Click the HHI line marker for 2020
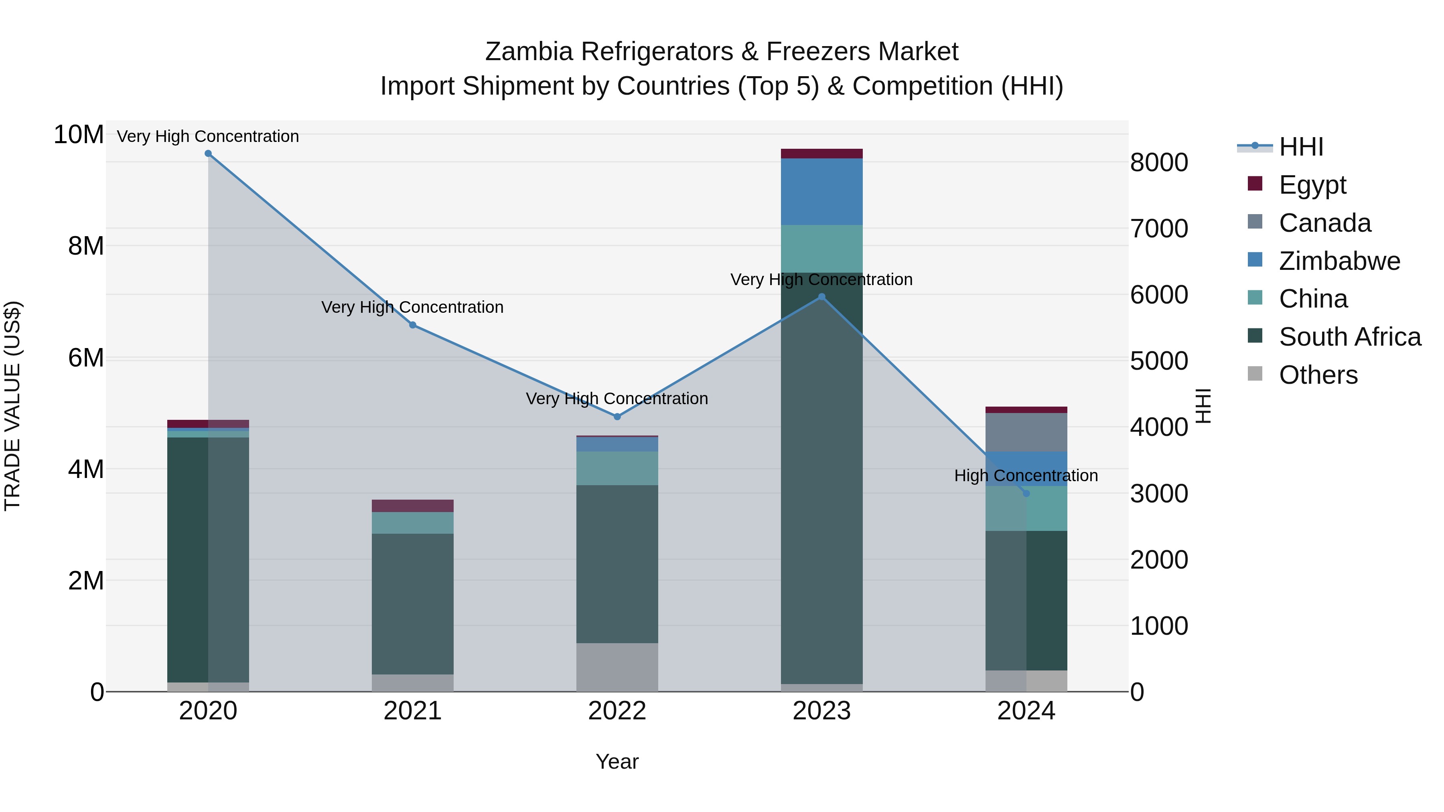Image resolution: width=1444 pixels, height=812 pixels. coord(208,154)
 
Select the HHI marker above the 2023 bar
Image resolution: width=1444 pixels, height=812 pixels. coord(822,297)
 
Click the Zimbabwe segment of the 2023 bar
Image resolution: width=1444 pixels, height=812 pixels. coord(822,192)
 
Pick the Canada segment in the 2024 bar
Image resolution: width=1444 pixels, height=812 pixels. coord(1026,432)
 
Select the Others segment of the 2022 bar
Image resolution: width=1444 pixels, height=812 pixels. coord(617,667)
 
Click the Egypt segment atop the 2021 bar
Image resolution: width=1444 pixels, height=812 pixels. coord(413,506)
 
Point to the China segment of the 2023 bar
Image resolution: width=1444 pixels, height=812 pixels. coord(822,249)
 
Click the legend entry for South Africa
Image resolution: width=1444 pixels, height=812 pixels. coord(1349,337)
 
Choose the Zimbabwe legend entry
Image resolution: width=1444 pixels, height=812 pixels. coord(1339,261)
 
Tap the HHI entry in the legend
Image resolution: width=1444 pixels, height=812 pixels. coord(1300,147)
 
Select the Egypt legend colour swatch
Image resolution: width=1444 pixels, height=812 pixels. coord(1255,184)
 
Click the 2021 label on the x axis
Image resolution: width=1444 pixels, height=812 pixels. coord(413,711)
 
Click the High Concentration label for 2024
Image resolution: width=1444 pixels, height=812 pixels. coord(1026,476)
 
